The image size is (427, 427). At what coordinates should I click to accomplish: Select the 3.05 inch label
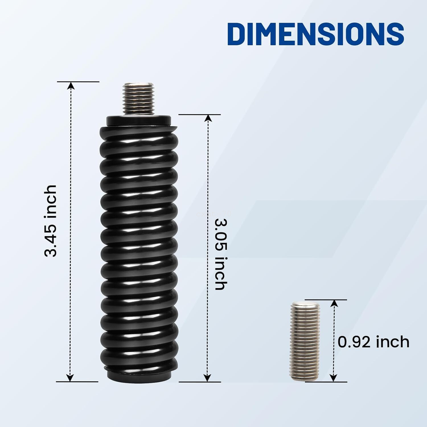tap(221, 254)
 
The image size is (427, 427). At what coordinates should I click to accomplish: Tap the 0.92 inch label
tap(373, 342)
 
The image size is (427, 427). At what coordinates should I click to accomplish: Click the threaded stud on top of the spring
tap(139, 98)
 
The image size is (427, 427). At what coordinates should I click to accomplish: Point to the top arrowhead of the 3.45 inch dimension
tap(71, 86)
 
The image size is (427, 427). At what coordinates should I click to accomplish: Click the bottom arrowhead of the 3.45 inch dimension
tap(70, 377)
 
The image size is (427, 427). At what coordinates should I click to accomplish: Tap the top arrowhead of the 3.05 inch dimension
tap(208, 118)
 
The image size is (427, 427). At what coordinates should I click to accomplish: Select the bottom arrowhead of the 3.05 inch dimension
tap(208, 377)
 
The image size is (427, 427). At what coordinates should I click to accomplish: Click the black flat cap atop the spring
tap(139, 120)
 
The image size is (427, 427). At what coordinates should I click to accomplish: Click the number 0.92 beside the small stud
tap(354, 342)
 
